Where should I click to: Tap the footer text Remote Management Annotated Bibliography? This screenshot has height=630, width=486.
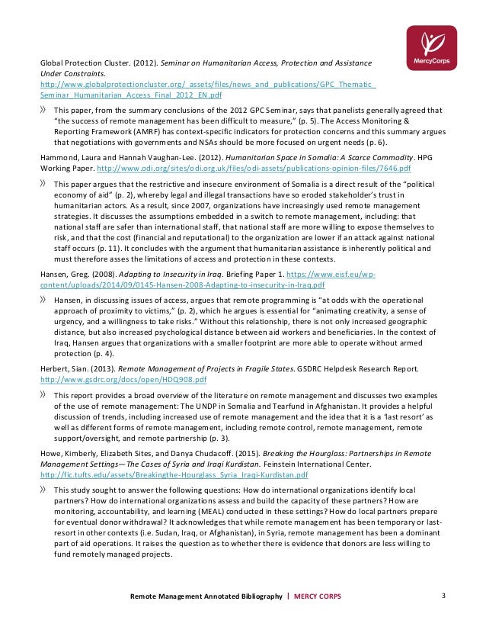click(206, 596)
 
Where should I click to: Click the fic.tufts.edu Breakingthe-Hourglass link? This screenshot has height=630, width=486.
click(163, 474)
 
